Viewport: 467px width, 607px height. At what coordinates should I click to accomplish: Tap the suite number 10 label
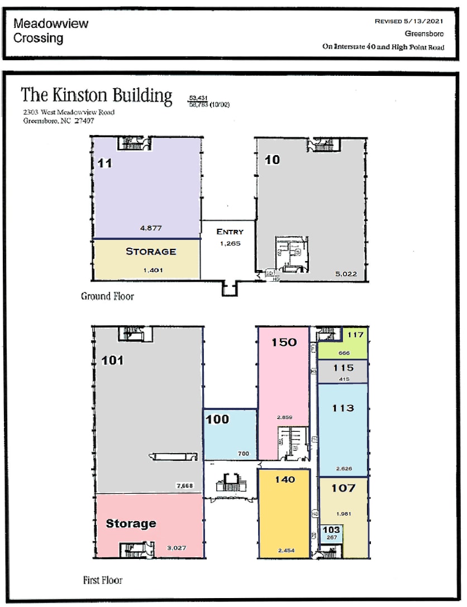point(273,160)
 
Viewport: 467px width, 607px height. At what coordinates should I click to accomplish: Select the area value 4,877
point(151,228)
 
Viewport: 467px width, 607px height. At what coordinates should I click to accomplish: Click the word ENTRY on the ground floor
point(230,232)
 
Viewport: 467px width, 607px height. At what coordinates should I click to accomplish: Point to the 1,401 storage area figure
point(151,270)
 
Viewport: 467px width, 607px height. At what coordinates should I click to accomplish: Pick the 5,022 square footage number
point(345,274)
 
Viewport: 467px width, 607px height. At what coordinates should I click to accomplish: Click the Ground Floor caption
point(107,296)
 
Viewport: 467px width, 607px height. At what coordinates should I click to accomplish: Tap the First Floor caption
point(102,580)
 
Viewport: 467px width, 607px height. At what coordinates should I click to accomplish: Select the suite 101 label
point(112,360)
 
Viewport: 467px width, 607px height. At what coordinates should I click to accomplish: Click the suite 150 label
point(284,342)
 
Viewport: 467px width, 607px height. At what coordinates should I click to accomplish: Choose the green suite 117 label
point(355,335)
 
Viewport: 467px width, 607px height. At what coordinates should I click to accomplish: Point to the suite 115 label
point(343,368)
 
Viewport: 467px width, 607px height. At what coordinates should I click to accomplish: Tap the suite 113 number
point(342,408)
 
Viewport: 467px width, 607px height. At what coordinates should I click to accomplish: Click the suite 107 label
point(343,488)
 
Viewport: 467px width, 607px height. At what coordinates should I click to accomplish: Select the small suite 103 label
point(331,530)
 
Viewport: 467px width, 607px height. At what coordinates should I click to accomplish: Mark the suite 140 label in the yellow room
point(285,479)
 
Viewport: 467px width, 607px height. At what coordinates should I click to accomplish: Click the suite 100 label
point(218,419)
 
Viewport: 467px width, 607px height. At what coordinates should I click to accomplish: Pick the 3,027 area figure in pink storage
point(177,548)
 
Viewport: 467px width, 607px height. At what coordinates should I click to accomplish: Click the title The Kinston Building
point(97,95)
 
